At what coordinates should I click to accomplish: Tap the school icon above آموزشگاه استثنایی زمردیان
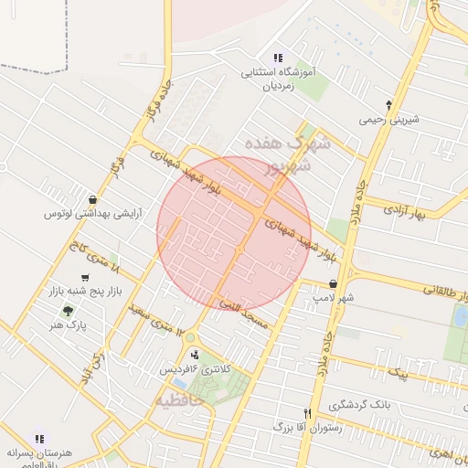tap(278, 58)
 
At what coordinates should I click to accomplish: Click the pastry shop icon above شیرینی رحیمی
tap(389, 104)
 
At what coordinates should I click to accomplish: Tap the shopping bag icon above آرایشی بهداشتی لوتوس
tap(92, 199)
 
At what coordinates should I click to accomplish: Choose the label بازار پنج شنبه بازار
tap(84, 292)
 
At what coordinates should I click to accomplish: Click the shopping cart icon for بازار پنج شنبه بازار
tap(85, 278)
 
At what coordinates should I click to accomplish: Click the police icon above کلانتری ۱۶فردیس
tap(195, 355)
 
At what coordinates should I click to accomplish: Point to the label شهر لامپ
tap(334, 298)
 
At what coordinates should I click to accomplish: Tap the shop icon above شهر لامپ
tap(335, 283)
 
